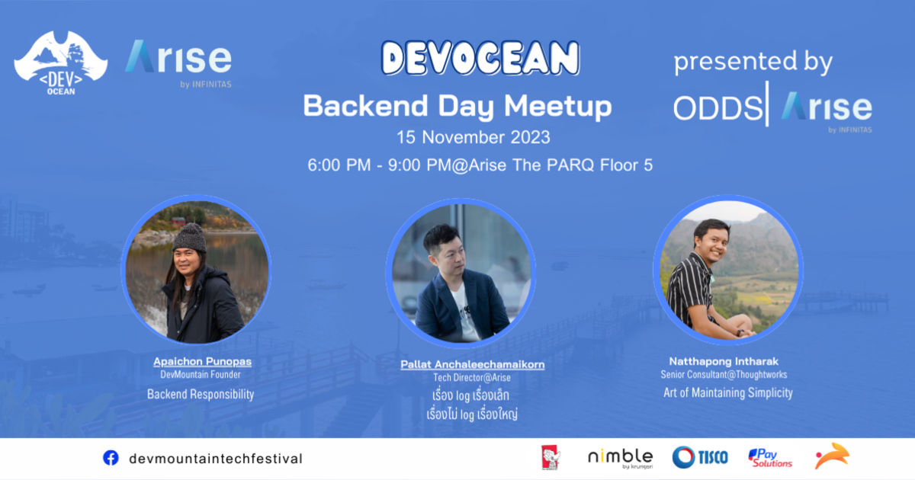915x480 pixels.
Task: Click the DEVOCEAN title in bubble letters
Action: (480, 59)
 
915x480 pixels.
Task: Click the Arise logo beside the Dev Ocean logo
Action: (178, 61)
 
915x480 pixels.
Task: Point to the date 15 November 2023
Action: (473, 138)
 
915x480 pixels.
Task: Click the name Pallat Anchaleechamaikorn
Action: (472, 364)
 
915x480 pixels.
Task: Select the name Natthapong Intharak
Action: (724, 361)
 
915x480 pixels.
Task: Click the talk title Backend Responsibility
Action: (201, 394)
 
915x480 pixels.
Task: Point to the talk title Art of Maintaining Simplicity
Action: (727, 392)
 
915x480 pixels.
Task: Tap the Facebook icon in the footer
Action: (111, 458)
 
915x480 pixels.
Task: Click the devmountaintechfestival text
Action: (216, 459)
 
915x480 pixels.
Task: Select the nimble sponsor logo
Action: (620, 457)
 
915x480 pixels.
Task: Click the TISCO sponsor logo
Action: (700, 457)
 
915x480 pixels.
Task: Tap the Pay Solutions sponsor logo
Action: (770, 457)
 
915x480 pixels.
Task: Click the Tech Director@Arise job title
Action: (472, 378)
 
